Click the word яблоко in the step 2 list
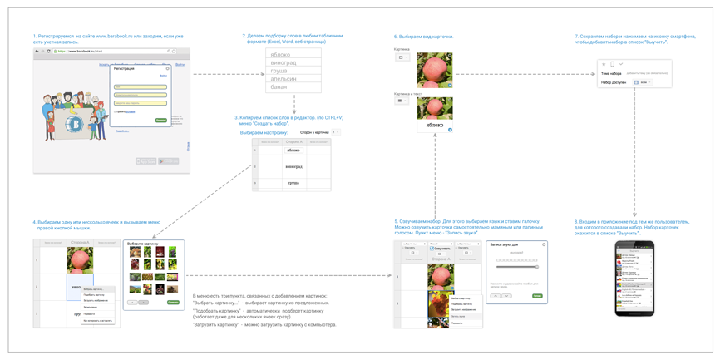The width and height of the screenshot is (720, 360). tap(280, 55)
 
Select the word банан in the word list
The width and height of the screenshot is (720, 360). tap(279, 86)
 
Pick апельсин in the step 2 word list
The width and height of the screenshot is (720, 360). tap(283, 79)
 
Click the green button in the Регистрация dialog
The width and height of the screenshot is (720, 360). tap(161, 121)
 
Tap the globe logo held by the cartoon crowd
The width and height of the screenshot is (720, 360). tap(76, 126)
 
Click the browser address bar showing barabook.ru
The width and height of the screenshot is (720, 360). tap(108, 52)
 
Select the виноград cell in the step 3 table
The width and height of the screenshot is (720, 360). tap(293, 166)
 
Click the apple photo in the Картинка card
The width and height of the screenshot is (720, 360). tap(434, 70)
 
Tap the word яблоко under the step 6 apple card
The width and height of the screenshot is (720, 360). tap(435, 126)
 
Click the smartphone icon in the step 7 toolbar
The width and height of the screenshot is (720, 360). tap(612, 64)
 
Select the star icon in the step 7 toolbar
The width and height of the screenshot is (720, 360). tap(604, 64)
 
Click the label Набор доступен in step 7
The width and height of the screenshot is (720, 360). tap(613, 82)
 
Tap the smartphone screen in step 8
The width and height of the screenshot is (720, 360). tap(634, 279)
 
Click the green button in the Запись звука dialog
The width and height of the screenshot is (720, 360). tap(537, 295)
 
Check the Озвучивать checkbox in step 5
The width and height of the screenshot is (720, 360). tap(433, 249)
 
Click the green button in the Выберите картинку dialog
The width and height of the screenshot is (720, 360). tap(173, 302)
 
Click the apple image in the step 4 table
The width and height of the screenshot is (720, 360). tap(80, 260)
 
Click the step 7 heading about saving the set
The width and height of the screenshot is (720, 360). tap(622, 39)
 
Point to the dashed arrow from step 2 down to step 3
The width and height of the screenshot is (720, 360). tap(294, 104)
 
